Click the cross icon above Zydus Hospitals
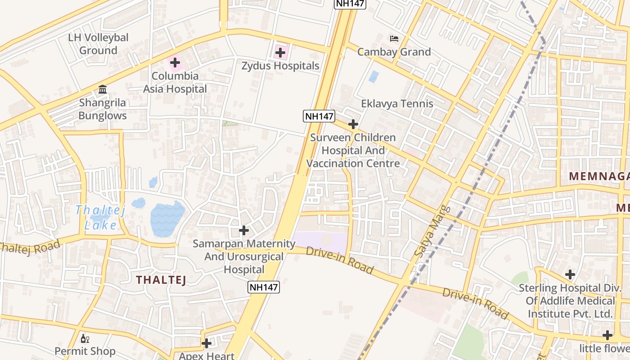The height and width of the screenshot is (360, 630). pos(280,53)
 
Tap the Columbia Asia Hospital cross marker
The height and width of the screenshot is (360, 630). pos(175,63)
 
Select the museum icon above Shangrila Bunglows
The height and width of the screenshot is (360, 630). pos(103,89)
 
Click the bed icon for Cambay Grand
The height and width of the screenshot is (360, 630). pos(394,39)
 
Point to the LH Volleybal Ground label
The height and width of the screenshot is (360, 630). pos(98,44)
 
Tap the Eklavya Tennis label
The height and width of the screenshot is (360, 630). pos(397,103)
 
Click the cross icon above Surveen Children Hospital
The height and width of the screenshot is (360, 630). pos(353,124)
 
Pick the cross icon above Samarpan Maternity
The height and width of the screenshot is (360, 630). pos(243,230)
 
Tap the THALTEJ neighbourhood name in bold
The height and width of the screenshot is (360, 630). pos(161,280)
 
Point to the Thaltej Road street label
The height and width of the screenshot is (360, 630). pos(29,248)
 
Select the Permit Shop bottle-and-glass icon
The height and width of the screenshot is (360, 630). pos(85,338)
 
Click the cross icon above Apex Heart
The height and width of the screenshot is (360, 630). pos(207,343)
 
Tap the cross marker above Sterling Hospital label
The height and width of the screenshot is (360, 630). pos(570,274)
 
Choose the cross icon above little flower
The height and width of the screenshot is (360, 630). pos(607,335)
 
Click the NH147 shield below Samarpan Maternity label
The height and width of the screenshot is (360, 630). pos(264,287)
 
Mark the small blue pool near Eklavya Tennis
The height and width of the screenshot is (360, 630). pos(373,76)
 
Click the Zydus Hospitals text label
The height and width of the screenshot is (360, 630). pos(280,66)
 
